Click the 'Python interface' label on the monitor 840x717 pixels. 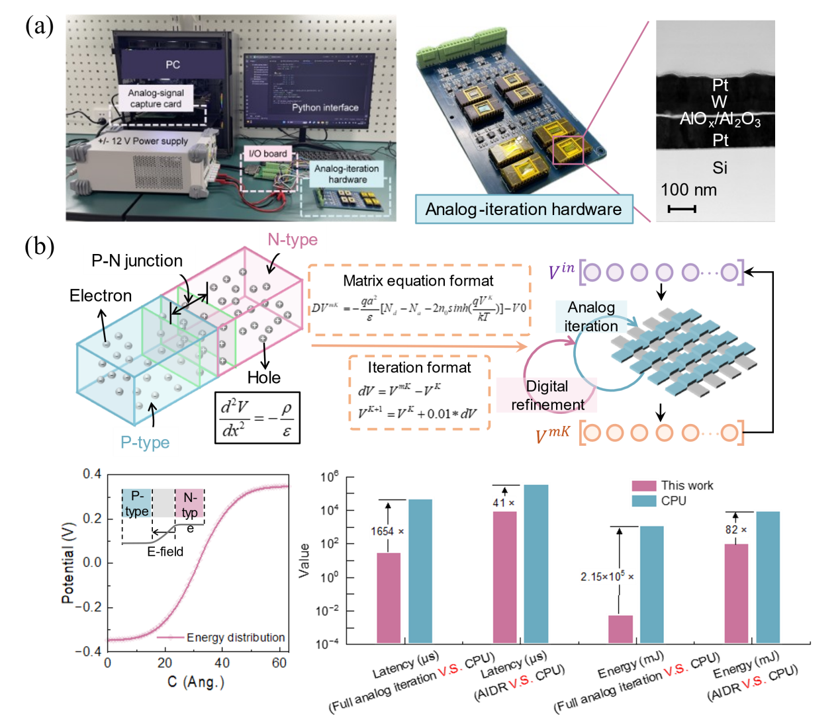tap(325, 107)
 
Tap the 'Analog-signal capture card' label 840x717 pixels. tap(156, 99)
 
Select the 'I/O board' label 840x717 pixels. tap(267, 153)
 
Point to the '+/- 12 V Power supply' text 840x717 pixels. tap(143, 141)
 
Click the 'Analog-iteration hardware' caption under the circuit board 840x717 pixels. tap(523, 209)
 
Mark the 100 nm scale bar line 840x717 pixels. tap(682, 209)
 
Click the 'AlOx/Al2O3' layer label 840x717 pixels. tap(720, 119)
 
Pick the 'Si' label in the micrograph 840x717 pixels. tap(720, 168)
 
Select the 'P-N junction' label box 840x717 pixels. tap(138, 261)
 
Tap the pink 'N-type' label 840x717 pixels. tap(293, 239)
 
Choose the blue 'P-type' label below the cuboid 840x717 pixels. tap(145, 443)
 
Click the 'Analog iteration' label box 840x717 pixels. tap(591, 317)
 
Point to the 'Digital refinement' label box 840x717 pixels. tap(547, 395)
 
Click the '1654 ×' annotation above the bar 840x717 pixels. tap(387, 531)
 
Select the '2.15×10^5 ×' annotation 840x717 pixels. tap(607, 577)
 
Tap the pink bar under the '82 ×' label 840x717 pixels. tap(735, 592)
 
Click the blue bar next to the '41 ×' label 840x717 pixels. tap(536, 563)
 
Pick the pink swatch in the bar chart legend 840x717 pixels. tap(644, 486)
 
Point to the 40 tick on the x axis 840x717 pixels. tap(222, 662)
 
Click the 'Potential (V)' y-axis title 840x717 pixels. tap(68, 563)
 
